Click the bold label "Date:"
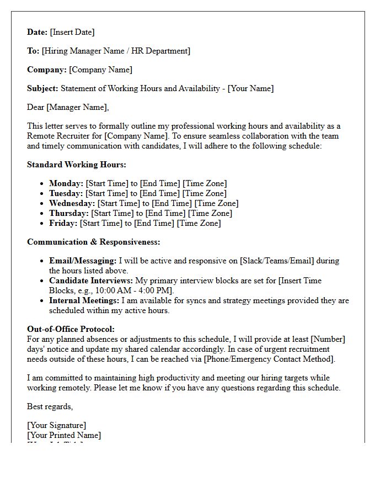(x=37, y=32)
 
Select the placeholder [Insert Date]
(x=72, y=32)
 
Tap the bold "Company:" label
(x=47, y=70)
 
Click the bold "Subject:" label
(x=42, y=88)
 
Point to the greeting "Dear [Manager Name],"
(x=68, y=107)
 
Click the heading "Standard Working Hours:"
(x=77, y=165)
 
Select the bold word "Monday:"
(x=66, y=183)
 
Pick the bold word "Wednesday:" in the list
(x=72, y=203)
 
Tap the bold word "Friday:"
(x=63, y=223)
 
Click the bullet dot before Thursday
(x=42, y=214)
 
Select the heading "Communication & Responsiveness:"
(x=93, y=242)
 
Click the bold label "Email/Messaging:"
(x=83, y=261)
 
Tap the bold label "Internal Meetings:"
(x=84, y=300)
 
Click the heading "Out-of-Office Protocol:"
(x=71, y=329)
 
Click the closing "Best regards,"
(x=50, y=406)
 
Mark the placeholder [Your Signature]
(x=56, y=425)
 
